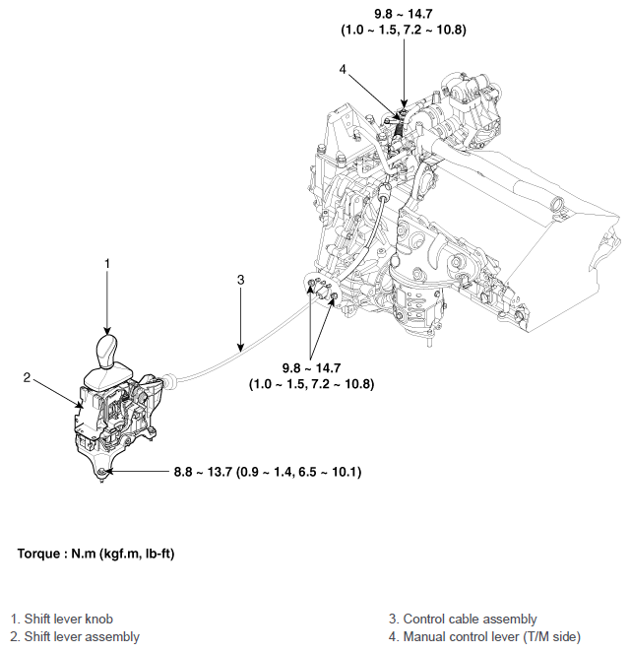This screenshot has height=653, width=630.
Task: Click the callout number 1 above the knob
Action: [107, 263]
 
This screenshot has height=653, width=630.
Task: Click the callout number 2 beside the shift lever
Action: [28, 377]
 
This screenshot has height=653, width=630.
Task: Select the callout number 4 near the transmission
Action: [342, 70]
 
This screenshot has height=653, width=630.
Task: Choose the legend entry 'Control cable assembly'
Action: [463, 620]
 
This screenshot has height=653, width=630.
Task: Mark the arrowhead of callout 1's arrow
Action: [107, 331]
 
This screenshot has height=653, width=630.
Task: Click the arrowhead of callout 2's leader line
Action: [81, 405]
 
